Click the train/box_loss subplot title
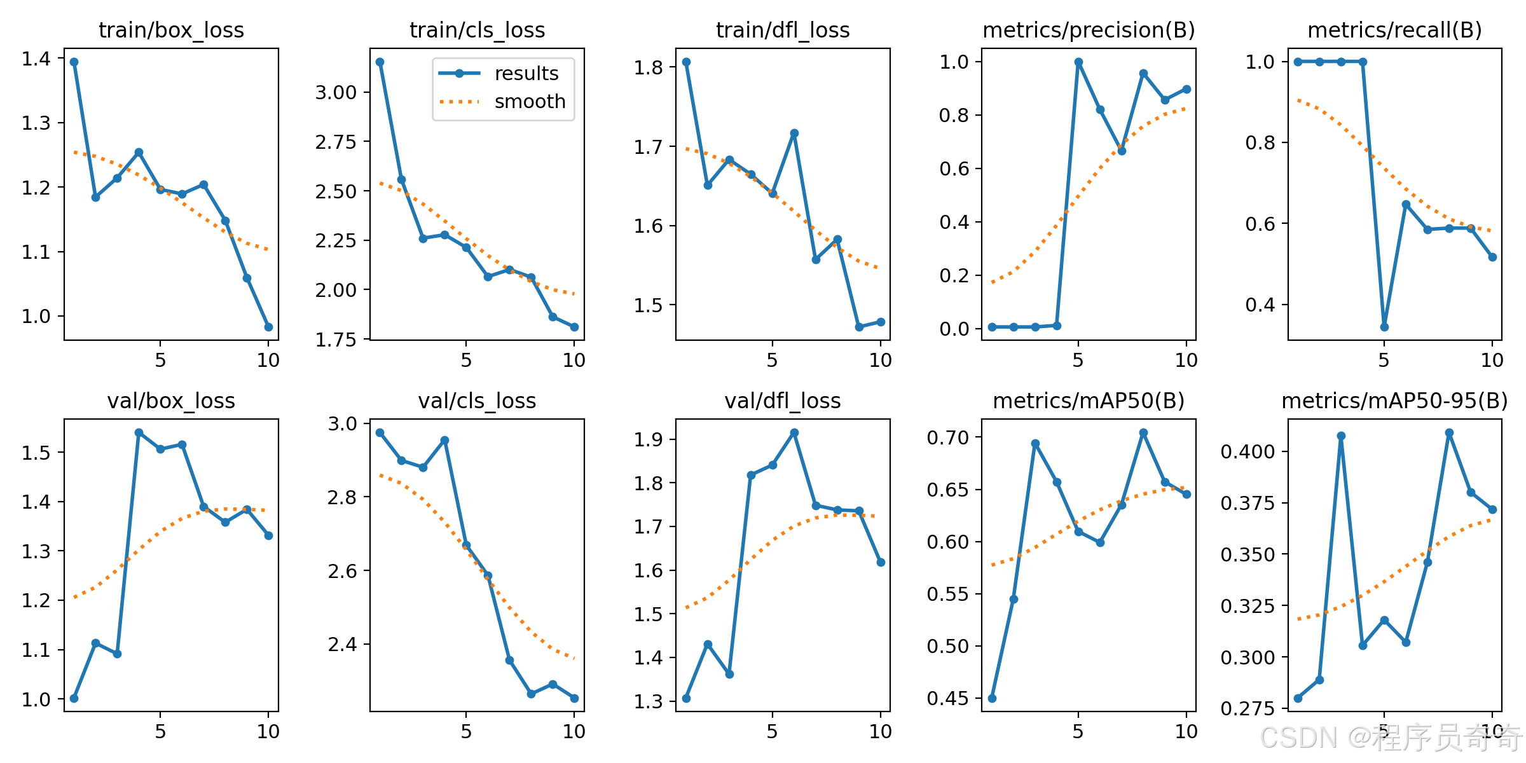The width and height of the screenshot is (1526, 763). (171, 30)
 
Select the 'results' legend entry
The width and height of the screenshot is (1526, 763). (499, 73)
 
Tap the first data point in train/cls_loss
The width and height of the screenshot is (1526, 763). (380, 62)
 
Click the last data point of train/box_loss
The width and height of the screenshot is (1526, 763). (268, 327)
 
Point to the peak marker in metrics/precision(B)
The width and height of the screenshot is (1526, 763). (1078, 62)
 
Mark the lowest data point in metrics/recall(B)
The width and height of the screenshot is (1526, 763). (1384, 327)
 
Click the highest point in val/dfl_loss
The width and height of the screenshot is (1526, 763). (794, 432)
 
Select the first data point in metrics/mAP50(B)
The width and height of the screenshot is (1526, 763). (992, 698)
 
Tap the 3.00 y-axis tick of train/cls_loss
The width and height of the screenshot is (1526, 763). (336, 93)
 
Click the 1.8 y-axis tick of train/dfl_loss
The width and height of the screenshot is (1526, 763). (648, 67)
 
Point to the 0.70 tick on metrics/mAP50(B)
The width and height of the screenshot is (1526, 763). (947, 437)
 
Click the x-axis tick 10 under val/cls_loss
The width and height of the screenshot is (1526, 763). (574, 731)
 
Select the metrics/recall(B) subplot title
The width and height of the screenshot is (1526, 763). (1395, 30)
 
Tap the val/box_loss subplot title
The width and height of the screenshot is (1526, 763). (171, 401)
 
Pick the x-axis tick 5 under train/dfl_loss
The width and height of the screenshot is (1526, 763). (772, 361)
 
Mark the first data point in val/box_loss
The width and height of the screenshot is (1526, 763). (74, 698)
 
